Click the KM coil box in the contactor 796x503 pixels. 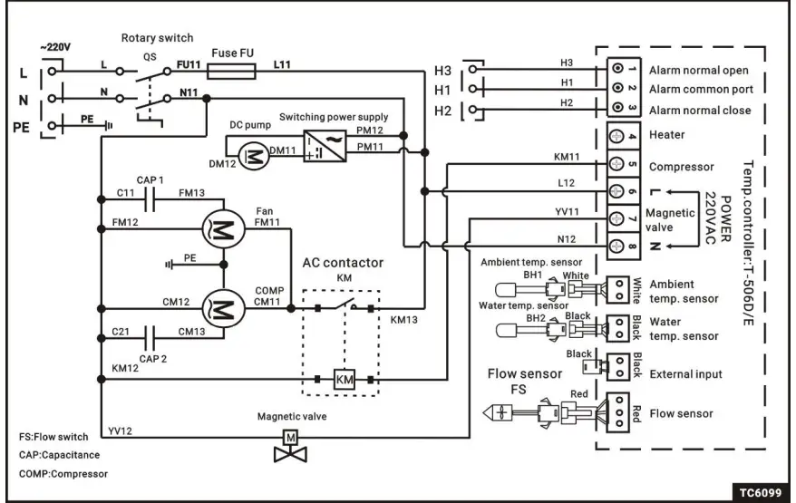pos(345,379)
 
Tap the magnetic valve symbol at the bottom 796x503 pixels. pos(291,445)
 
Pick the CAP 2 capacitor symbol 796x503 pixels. pos(152,334)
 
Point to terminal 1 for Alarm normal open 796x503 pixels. pos(616,70)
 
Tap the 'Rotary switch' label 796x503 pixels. pos(157,37)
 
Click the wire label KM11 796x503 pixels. pos(567,157)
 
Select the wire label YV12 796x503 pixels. pos(120,430)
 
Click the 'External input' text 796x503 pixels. pos(687,373)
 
